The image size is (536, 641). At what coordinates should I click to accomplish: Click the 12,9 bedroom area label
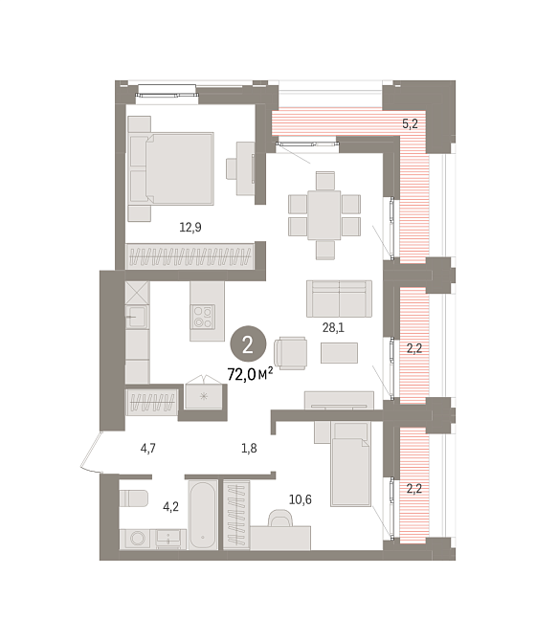(190, 227)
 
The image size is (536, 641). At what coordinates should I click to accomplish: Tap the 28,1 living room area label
(333, 327)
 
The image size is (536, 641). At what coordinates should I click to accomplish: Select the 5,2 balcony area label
(410, 123)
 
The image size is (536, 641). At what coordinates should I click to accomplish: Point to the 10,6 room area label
(301, 499)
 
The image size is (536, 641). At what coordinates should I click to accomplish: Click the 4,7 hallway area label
(148, 449)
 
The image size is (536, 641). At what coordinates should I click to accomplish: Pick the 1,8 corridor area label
(249, 449)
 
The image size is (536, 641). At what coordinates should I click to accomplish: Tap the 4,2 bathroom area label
(171, 507)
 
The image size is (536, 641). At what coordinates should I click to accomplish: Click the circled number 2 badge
(248, 345)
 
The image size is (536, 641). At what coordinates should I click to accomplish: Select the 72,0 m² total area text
(250, 374)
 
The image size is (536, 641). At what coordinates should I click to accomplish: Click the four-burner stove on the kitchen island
(204, 317)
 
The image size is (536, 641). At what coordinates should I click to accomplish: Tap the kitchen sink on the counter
(137, 317)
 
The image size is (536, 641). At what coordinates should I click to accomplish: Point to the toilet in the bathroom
(133, 497)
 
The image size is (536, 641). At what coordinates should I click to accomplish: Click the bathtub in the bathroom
(202, 515)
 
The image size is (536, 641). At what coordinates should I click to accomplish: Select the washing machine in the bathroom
(136, 540)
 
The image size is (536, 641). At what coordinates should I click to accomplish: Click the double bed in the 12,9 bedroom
(171, 168)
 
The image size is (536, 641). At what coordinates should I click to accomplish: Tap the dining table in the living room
(324, 215)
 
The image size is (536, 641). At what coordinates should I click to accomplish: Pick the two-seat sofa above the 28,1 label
(340, 298)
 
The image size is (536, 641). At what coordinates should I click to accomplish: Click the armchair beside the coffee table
(290, 353)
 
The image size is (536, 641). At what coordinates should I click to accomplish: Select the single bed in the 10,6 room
(350, 464)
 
